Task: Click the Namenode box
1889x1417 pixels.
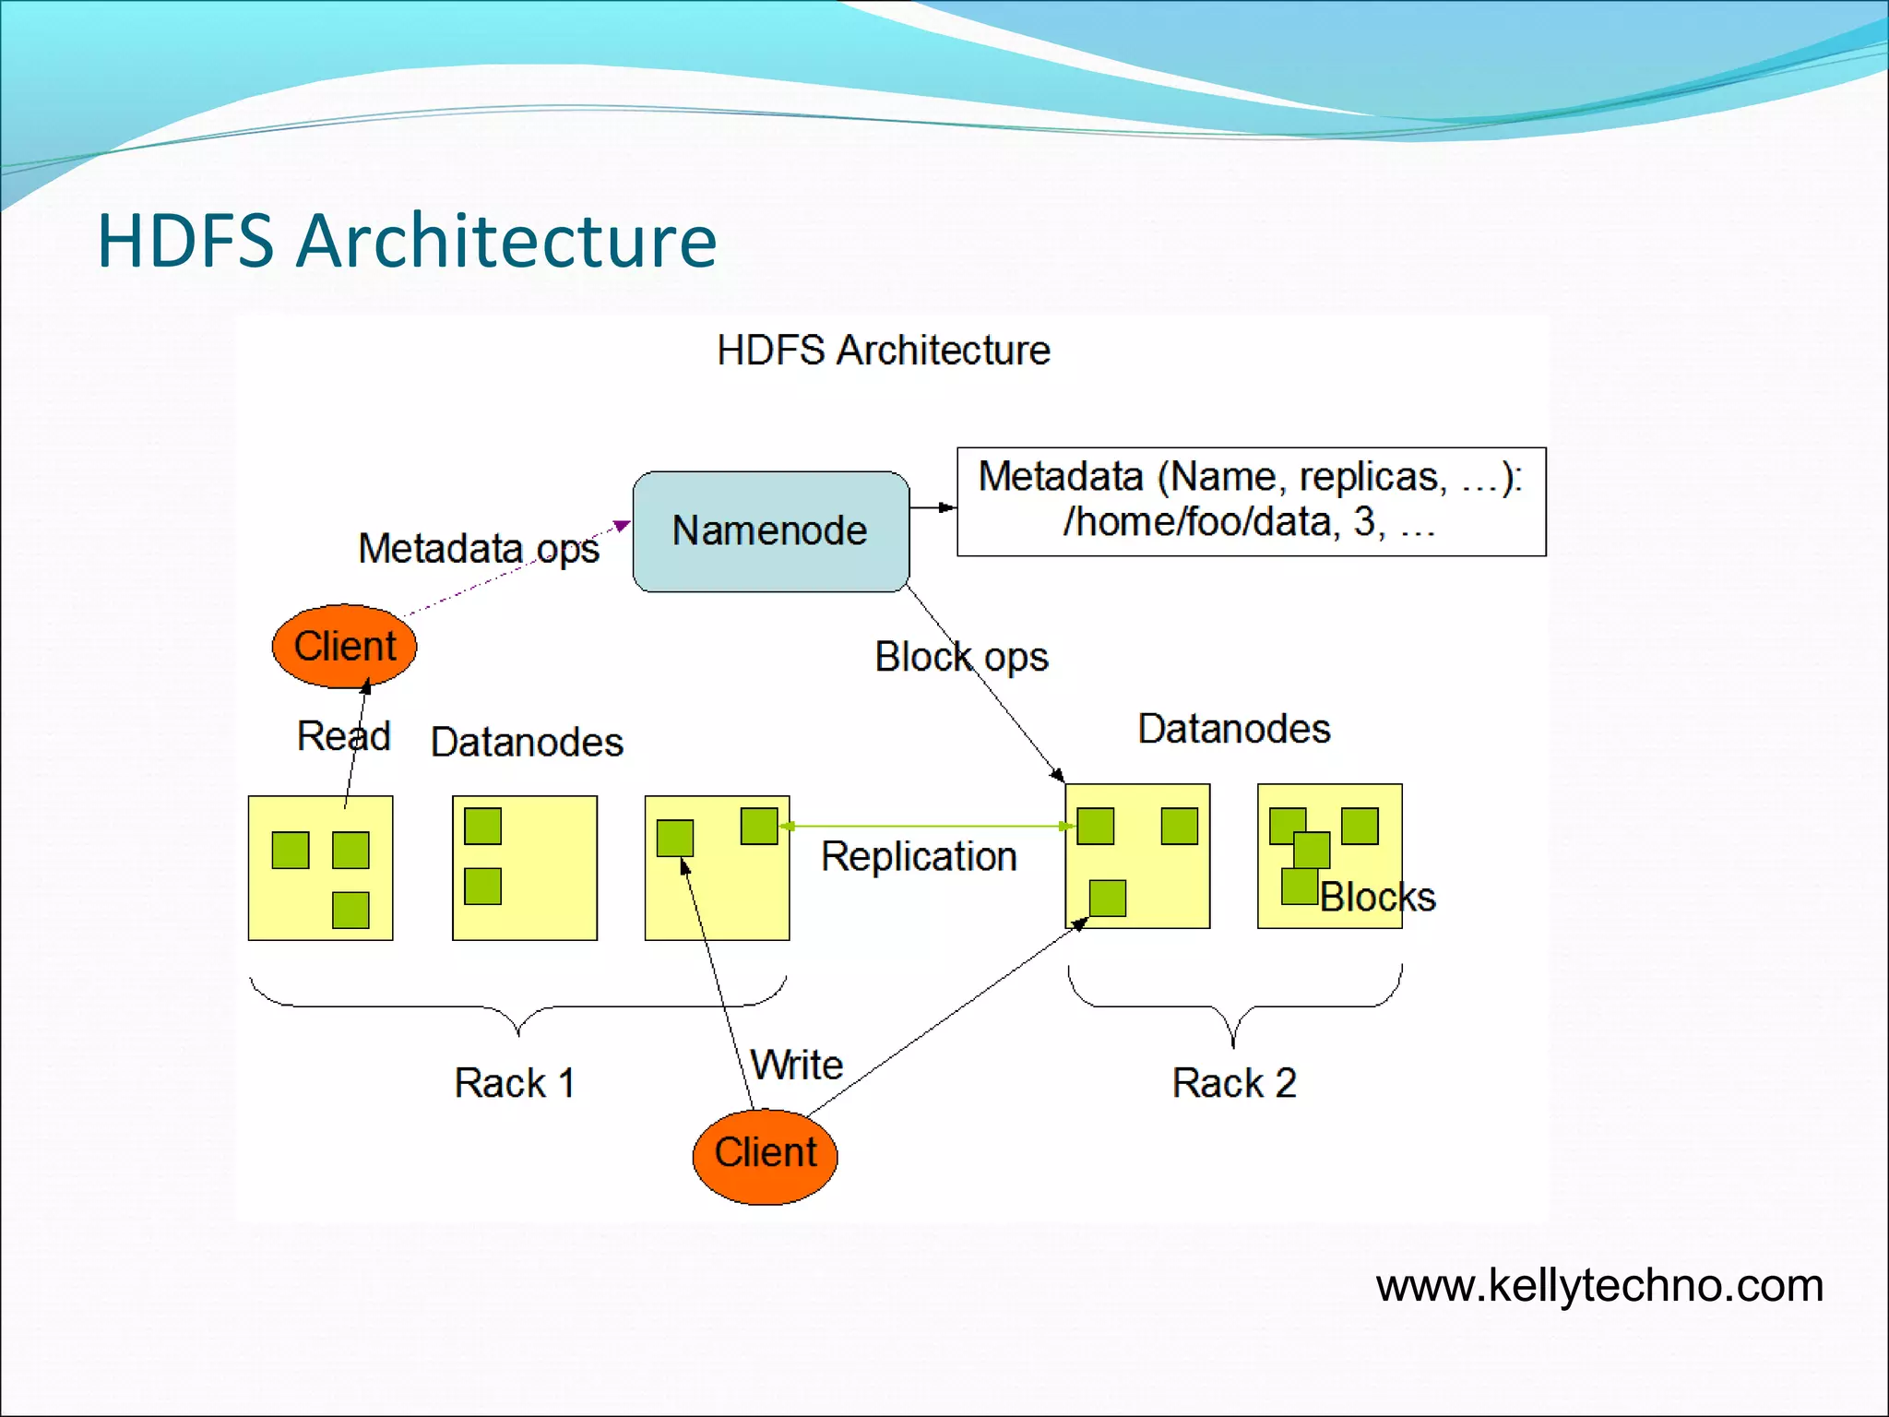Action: pyautogui.click(x=770, y=531)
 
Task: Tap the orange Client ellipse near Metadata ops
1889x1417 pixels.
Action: pyautogui.click(x=344, y=646)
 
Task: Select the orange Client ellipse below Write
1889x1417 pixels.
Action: pyautogui.click(x=765, y=1156)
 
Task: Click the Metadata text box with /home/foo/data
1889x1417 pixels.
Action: pyautogui.click(x=1251, y=501)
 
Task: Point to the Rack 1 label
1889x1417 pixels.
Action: pyautogui.click(x=514, y=1083)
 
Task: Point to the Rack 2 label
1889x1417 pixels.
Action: pyautogui.click(x=1234, y=1083)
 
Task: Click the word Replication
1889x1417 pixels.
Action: pyautogui.click(x=919, y=857)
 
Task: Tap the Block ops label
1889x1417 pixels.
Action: pyautogui.click(x=961, y=657)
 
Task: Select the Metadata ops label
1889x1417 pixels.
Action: pyautogui.click(x=478, y=549)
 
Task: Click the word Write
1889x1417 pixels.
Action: pyautogui.click(x=797, y=1066)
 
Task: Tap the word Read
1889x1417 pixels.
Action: pyautogui.click(x=343, y=736)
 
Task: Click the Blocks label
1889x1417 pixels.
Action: pyautogui.click(x=1377, y=898)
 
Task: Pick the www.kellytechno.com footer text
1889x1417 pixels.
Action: pyautogui.click(x=1598, y=1286)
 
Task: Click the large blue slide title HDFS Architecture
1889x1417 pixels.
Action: pyautogui.click(x=407, y=241)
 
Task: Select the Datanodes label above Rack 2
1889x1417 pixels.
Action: pyautogui.click(x=1233, y=729)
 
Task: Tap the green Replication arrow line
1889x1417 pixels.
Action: pyautogui.click(x=922, y=826)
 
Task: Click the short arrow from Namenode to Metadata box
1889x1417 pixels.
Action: pyautogui.click(x=933, y=507)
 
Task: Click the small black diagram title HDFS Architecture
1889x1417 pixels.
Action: pyautogui.click(x=883, y=351)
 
